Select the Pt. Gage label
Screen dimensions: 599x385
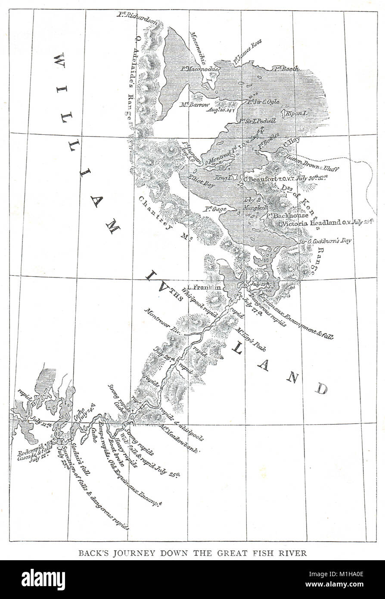[215, 209]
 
